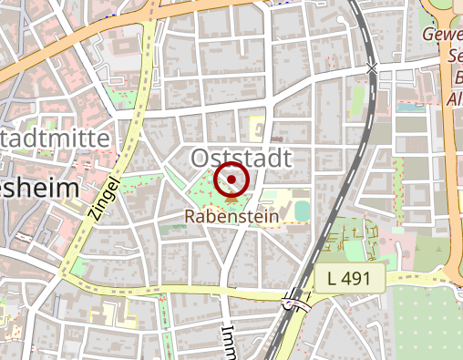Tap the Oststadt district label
(x=242, y=159)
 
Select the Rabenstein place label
(x=231, y=218)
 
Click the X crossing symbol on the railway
(x=371, y=69)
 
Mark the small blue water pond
(x=404, y=108)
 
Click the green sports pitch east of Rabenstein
(x=302, y=211)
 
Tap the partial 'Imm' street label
(x=227, y=339)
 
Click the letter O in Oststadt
(x=201, y=159)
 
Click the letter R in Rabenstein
(x=189, y=218)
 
